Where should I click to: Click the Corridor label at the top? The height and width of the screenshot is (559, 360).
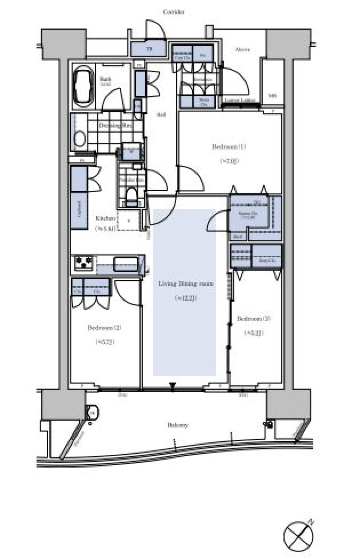pos(174,12)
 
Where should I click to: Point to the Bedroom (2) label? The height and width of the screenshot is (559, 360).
pos(104,328)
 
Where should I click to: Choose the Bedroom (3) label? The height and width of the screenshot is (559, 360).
pos(254,319)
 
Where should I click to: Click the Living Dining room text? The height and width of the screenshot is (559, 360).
pos(186,283)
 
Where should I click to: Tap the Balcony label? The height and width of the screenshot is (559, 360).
pos(177,425)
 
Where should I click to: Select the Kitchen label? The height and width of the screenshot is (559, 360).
pos(105,218)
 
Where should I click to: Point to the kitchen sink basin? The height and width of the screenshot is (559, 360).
pos(126,264)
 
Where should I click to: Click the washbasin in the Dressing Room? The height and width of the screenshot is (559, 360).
pos(79,138)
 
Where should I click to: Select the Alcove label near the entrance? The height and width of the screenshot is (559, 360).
pos(242,49)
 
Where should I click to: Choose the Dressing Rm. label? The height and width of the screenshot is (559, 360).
pos(115,125)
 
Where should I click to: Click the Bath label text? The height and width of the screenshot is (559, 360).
pos(105,79)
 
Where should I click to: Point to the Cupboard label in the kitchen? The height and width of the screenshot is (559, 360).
pos(79,209)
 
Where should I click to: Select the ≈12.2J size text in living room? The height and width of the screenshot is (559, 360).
pos(185,298)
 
